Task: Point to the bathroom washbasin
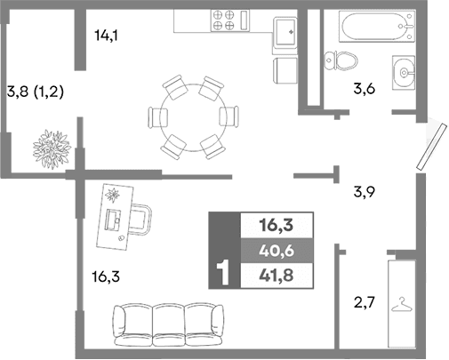coord(404,69)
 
